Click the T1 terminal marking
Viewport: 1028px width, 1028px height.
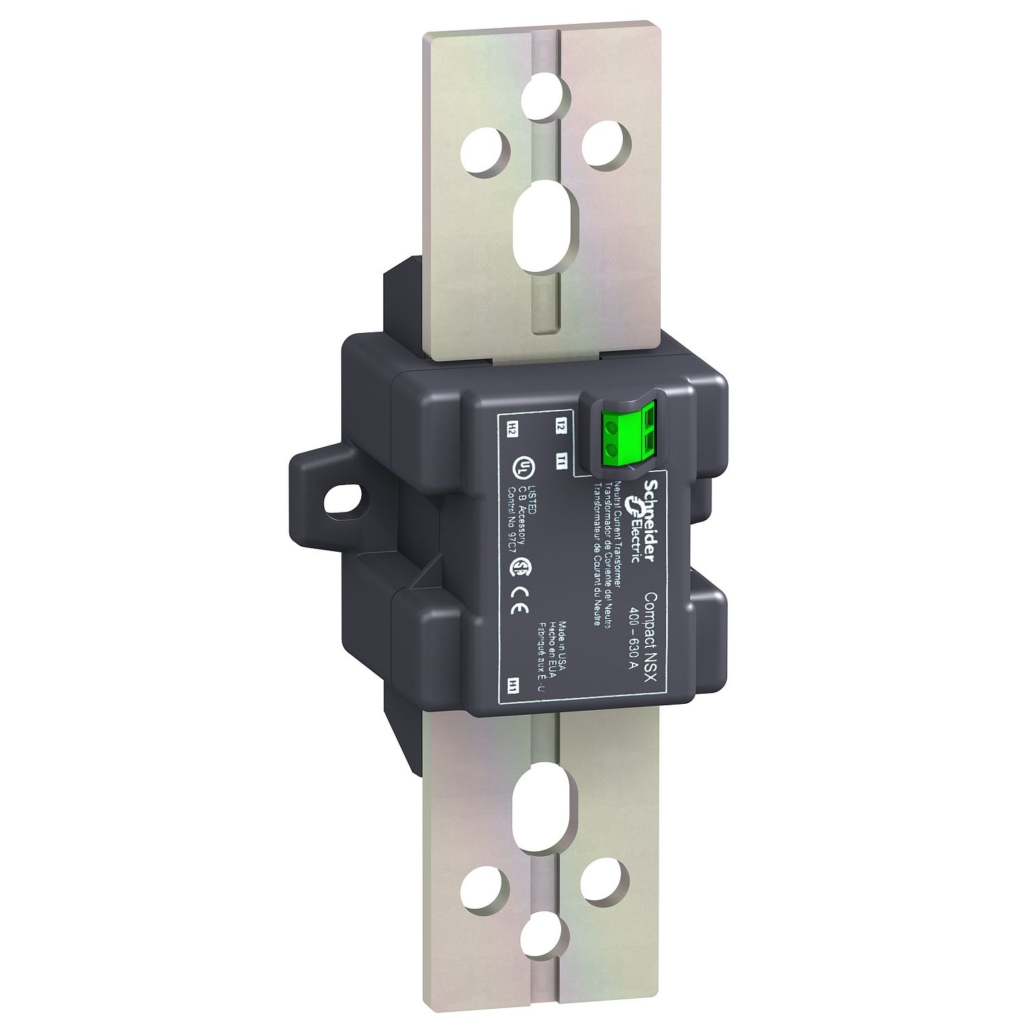click(560, 460)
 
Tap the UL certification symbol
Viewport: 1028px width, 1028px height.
click(524, 467)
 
